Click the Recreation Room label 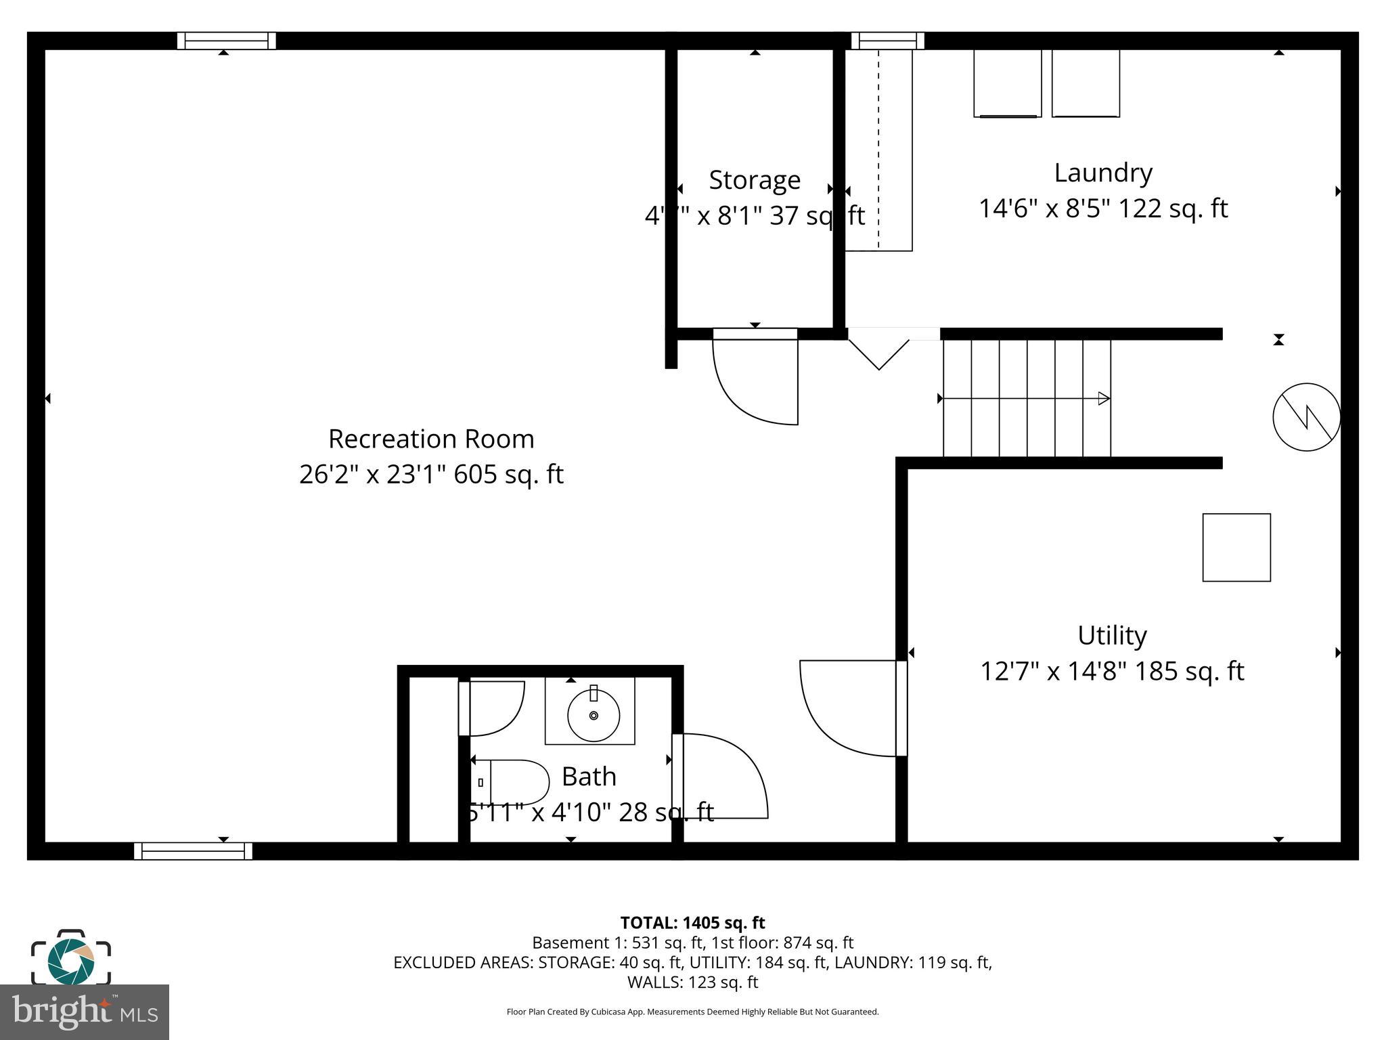click(x=431, y=439)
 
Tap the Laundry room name click(x=1103, y=173)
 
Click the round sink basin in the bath click(x=594, y=715)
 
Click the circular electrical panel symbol click(x=1306, y=417)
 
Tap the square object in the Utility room click(x=1236, y=547)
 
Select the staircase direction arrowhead click(x=1104, y=399)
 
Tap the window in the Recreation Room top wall click(x=227, y=41)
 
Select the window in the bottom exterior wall click(x=193, y=851)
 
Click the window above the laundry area click(x=887, y=41)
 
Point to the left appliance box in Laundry click(x=1007, y=83)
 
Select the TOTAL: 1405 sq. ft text click(x=692, y=923)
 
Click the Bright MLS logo click(x=85, y=1012)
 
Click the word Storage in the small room click(x=755, y=180)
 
